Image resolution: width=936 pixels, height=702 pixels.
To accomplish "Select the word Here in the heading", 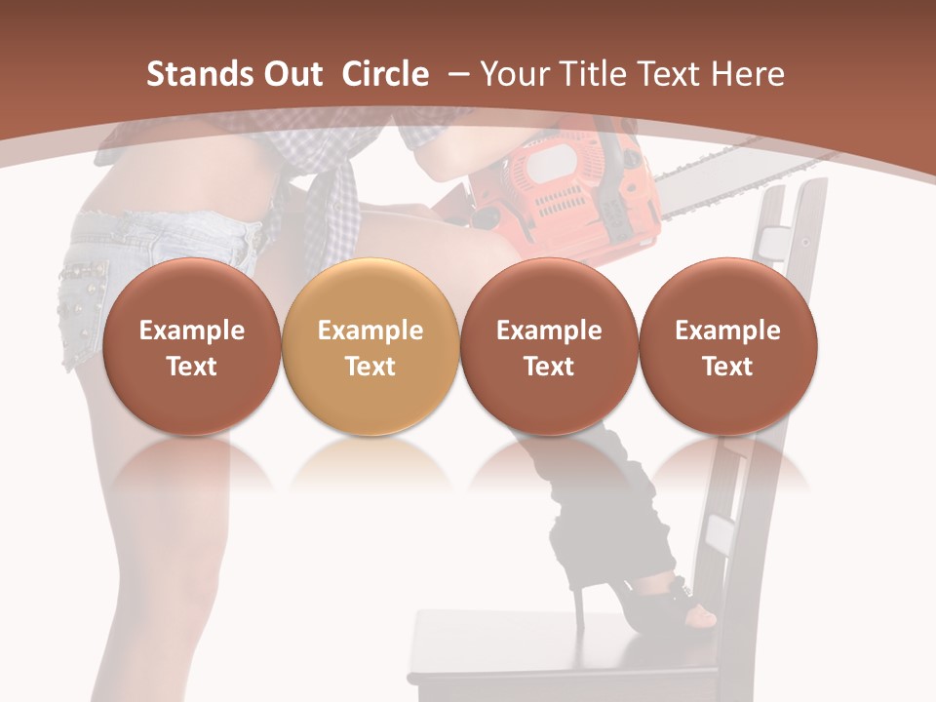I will click(749, 74).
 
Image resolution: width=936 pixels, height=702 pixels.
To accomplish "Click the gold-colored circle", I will click(370, 347).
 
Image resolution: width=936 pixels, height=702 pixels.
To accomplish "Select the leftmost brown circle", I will click(191, 347).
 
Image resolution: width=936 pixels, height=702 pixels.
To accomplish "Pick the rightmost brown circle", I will click(727, 347).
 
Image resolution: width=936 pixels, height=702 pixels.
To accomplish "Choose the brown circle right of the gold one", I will click(549, 347).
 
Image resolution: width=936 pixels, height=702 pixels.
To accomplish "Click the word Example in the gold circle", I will click(370, 331).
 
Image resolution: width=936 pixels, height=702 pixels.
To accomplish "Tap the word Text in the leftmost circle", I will click(191, 367).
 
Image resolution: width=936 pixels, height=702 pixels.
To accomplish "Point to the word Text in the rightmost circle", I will click(727, 367).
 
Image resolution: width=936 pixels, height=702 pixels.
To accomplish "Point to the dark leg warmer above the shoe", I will click(595, 507).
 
